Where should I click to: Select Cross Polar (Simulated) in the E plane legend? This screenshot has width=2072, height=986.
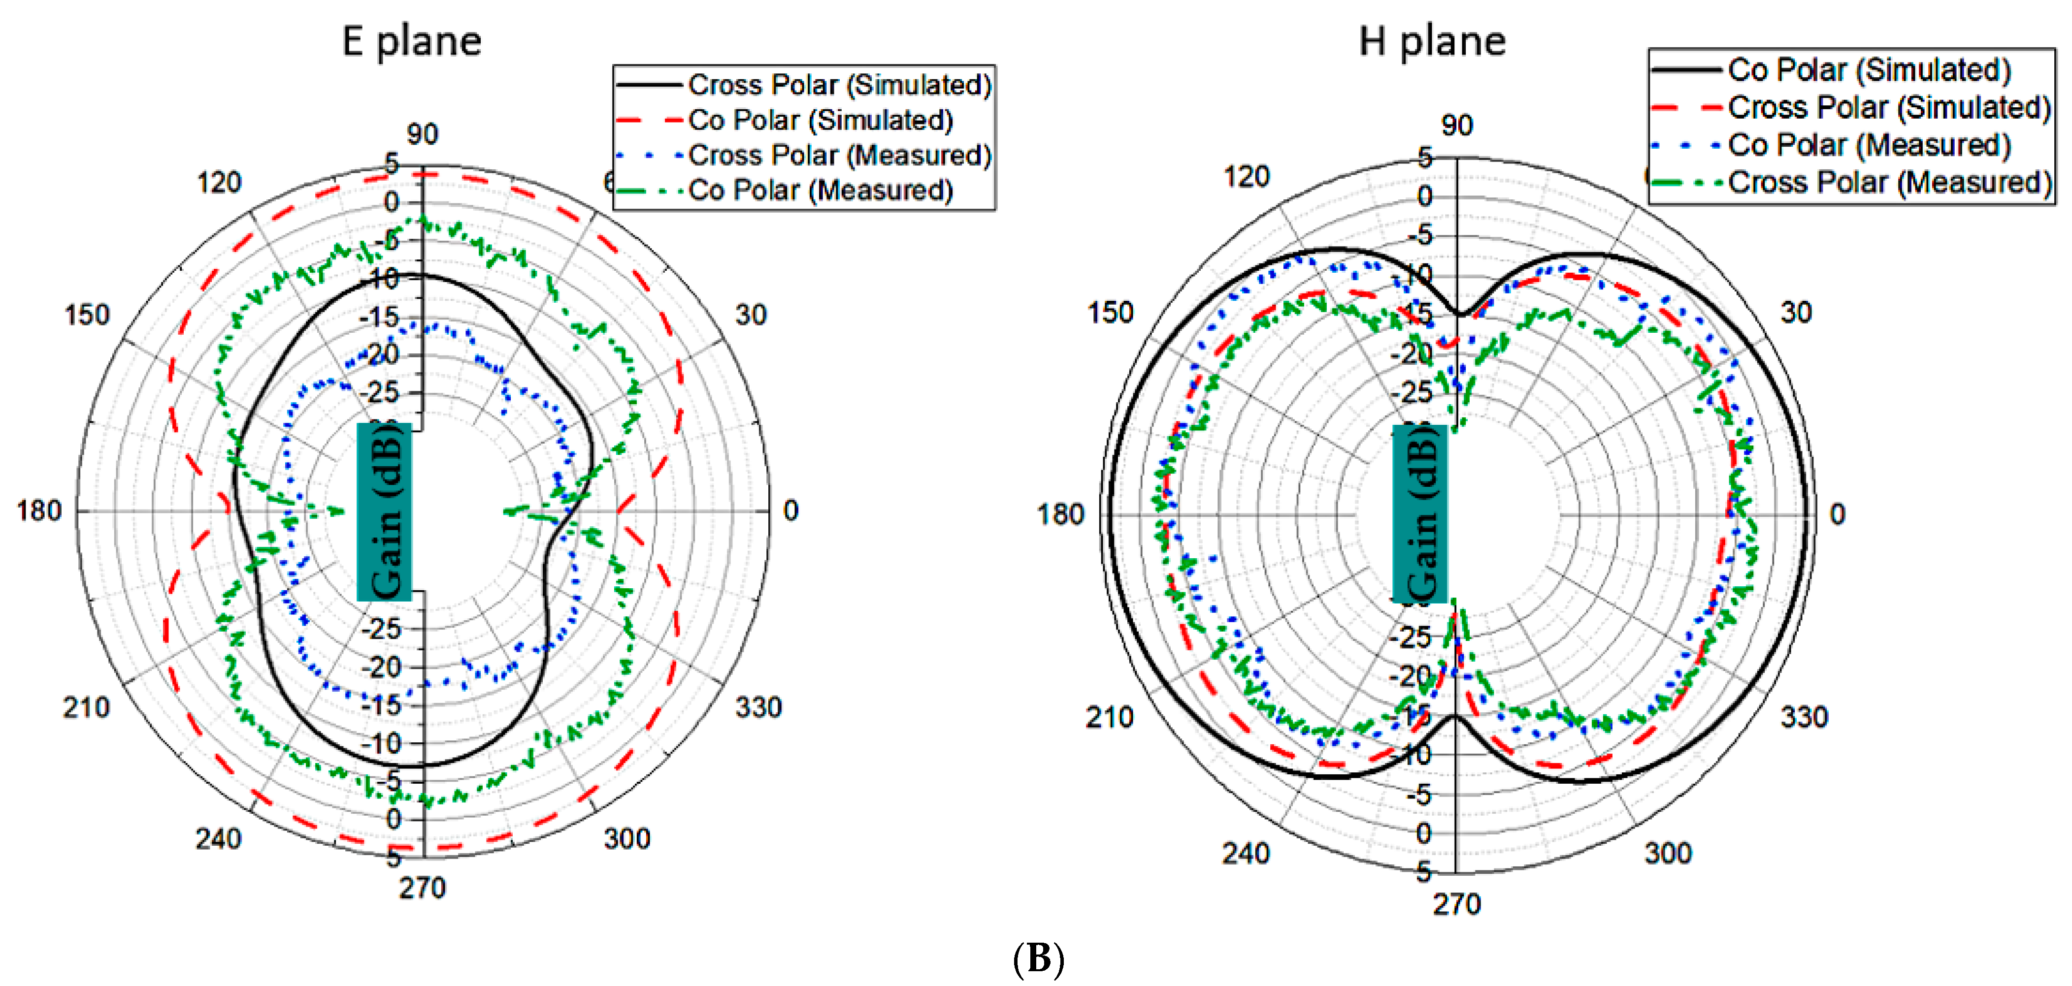pyautogui.click(x=839, y=85)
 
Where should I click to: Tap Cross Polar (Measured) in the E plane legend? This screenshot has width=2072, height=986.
pyautogui.click(x=839, y=155)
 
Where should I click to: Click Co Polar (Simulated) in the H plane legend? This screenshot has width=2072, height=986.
pyautogui.click(x=1869, y=70)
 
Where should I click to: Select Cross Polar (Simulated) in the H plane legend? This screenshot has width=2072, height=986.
pyautogui.click(x=1889, y=107)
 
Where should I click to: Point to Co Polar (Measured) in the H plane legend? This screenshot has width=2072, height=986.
pyautogui.click(x=1869, y=145)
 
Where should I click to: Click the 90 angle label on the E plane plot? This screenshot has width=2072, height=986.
pyautogui.click(x=422, y=134)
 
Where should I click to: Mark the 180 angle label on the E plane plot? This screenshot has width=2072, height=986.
pyautogui.click(x=38, y=510)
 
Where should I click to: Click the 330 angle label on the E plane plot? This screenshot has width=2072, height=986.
pyautogui.click(x=757, y=708)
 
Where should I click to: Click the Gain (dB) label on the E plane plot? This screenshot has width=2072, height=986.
pyautogui.click(x=385, y=512)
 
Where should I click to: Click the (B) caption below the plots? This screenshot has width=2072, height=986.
pyautogui.click(x=1038, y=958)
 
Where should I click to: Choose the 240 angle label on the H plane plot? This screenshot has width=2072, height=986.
pyautogui.click(x=1246, y=853)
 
